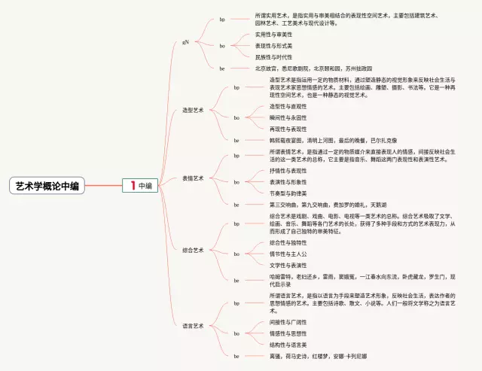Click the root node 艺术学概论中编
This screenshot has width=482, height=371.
[x=47, y=186]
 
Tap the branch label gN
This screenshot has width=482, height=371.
[x=185, y=42]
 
